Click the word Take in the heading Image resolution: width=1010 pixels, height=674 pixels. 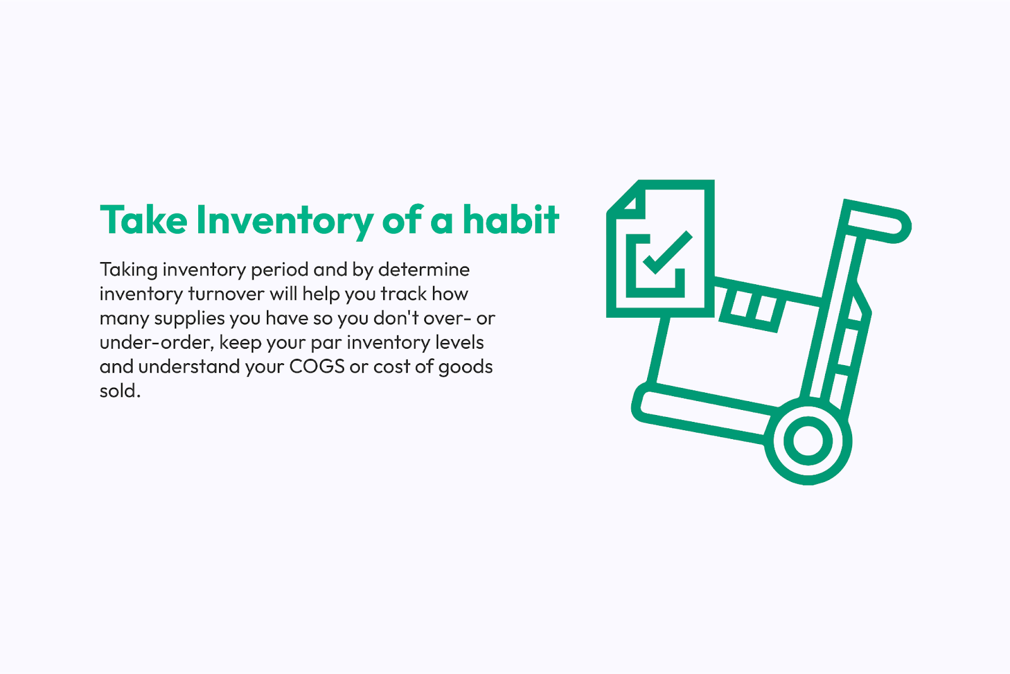click(x=143, y=220)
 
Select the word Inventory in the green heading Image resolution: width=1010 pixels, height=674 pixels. click(x=285, y=221)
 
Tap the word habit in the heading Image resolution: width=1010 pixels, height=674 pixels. click(x=511, y=220)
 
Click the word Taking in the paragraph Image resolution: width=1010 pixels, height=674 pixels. click(x=129, y=270)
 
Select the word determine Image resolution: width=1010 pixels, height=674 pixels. click(x=424, y=270)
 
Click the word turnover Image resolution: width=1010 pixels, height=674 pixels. click(x=226, y=294)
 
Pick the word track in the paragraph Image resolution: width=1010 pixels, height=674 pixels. click(x=403, y=294)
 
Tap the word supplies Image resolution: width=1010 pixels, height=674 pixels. click(x=189, y=319)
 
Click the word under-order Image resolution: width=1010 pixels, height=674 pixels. click(x=155, y=342)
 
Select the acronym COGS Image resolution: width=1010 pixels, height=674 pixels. click(x=317, y=367)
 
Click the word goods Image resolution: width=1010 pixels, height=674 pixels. click(x=466, y=368)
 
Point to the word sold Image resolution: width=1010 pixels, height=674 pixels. click(x=119, y=391)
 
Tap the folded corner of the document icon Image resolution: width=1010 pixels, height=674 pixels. click(x=626, y=201)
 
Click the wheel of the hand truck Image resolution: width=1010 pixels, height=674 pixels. click(x=808, y=441)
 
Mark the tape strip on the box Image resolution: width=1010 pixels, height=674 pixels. click(x=752, y=308)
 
